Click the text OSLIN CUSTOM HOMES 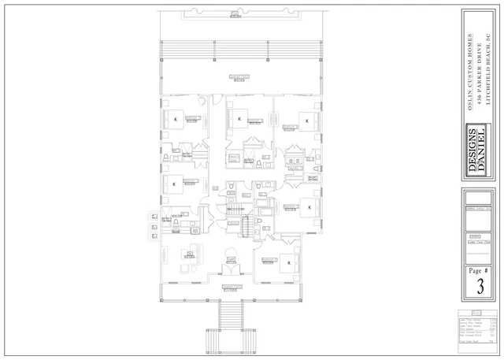(x=470, y=72)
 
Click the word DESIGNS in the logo (x=472, y=150)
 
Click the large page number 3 (x=480, y=287)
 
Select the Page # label (x=480, y=269)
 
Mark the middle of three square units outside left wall (x=152, y=226)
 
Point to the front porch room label (x=231, y=288)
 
